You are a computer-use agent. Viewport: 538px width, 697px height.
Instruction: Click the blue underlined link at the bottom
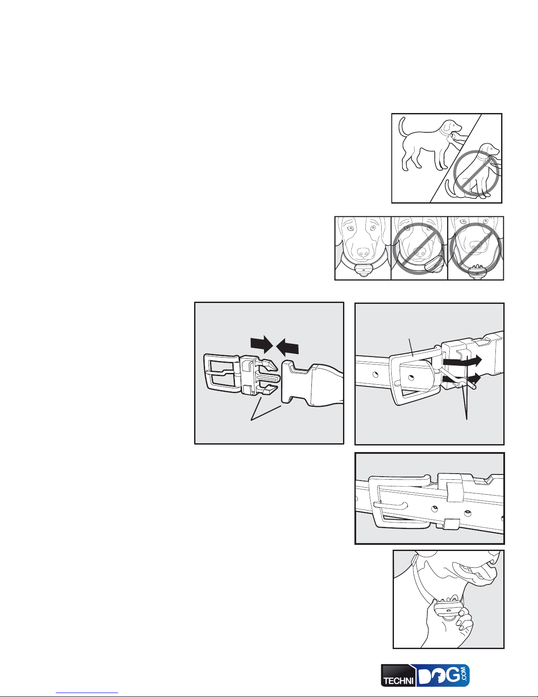coord(87,693)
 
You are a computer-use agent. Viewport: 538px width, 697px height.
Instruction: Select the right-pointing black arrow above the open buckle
coord(262,344)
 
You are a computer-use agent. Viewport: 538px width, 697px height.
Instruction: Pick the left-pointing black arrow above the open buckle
coord(287,348)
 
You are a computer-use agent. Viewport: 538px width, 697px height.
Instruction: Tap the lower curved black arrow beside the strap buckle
coord(462,380)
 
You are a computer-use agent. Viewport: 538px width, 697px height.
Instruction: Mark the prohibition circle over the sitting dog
coord(476,173)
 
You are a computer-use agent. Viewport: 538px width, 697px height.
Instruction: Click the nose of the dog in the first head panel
coord(363,252)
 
